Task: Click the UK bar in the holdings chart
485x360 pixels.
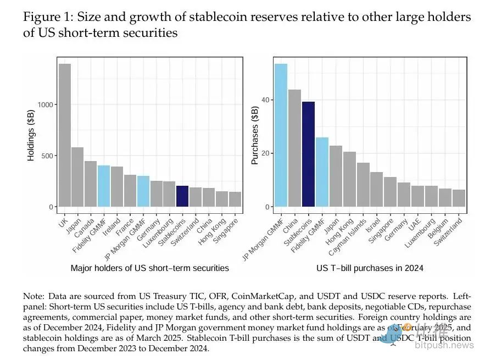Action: coord(65,135)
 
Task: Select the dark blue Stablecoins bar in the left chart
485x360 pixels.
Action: coord(182,196)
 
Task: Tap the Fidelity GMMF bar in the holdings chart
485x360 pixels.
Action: coord(104,186)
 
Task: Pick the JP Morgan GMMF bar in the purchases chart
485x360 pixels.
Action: coord(281,135)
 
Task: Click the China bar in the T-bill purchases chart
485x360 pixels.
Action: coord(294,148)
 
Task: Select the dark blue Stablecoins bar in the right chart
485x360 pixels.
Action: coord(308,154)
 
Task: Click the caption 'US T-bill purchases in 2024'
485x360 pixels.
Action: coord(369,268)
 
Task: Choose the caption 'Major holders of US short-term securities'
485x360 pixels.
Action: coord(150,268)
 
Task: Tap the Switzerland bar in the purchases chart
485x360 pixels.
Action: coord(459,198)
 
